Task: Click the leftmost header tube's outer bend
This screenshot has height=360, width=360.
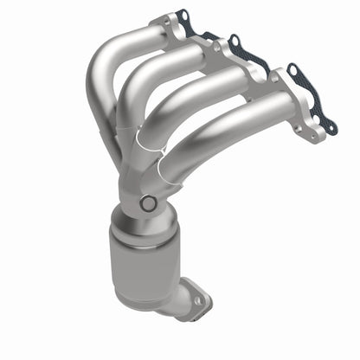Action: (97, 74)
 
